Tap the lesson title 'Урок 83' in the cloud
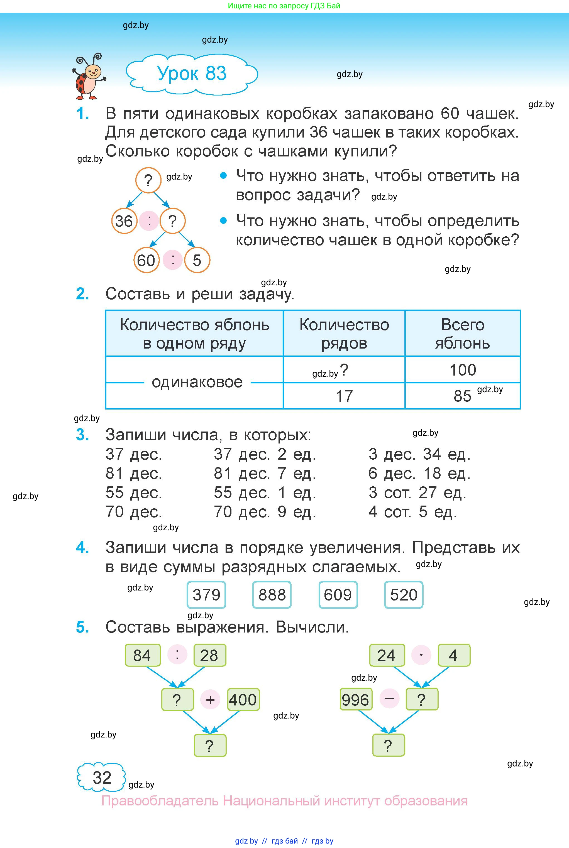(192, 73)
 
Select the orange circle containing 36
(124, 221)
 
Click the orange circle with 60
(146, 260)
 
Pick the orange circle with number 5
(197, 260)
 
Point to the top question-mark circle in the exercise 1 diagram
(148, 180)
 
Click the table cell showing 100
(462, 370)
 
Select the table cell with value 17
(344, 396)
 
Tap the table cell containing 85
(462, 396)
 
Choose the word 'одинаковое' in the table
(197, 382)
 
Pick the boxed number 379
(206, 595)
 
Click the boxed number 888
(272, 595)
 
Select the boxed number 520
(404, 595)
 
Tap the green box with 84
(142, 655)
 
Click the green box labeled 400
(243, 700)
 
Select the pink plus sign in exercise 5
(210, 700)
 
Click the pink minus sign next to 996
(389, 699)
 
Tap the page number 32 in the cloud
(102, 777)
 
